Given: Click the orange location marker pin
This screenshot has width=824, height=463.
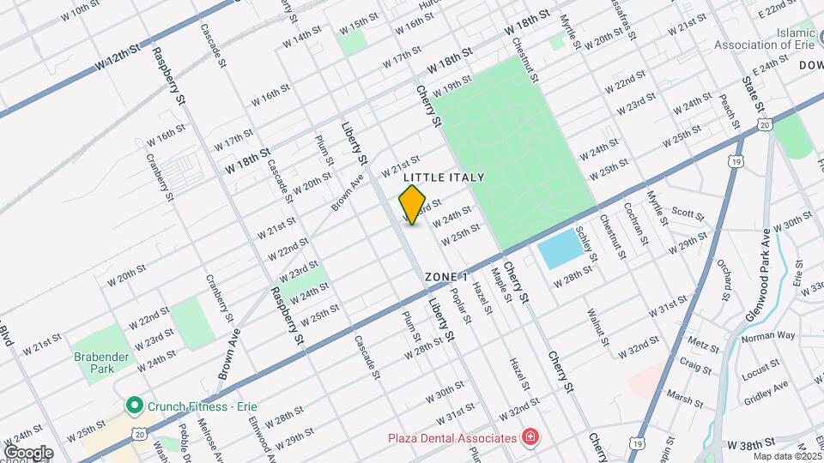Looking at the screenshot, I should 413,204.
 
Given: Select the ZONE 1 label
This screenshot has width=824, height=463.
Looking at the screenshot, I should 446,277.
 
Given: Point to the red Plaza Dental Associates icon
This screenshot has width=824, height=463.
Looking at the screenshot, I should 531,437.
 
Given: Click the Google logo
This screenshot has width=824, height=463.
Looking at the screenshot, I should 27,453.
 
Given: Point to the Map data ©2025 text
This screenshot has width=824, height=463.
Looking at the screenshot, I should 787,456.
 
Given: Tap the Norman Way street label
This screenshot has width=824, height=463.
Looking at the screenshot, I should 769,336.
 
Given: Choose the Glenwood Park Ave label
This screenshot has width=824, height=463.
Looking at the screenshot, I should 759,274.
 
